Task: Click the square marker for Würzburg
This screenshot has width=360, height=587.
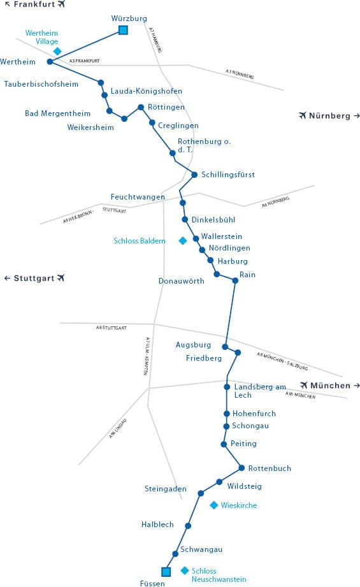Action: [x=123, y=30]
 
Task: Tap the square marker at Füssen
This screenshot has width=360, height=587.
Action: [x=166, y=572]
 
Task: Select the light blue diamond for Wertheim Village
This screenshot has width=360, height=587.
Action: [x=57, y=51]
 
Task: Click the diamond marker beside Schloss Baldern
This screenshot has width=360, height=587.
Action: [x=183, y=241]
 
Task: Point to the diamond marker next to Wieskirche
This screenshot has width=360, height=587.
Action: [x=213, y=505]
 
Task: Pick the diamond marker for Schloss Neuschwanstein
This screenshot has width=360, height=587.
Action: [x=185, y=570]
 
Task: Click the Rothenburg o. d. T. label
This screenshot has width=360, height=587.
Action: [x=204, y=145]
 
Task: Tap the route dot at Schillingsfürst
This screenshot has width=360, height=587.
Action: [x=194, y=175]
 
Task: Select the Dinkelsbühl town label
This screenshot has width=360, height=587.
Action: [x=213, y=220]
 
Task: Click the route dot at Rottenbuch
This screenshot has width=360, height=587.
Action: [x=241, y=468]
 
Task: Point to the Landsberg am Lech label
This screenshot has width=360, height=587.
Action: [x=260, y=391]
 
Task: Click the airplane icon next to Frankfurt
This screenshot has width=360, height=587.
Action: [x=61, y=4]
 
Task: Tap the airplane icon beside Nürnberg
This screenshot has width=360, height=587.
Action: [x=303, y=115]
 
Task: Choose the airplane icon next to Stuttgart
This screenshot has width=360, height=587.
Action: [x=61, y=278]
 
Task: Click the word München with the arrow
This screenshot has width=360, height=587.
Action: [x=331, y=386]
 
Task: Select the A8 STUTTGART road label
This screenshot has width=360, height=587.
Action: [x=111, y=328]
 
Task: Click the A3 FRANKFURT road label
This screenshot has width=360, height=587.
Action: [x=85, y=61]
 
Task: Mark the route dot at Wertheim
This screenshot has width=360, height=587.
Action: [x=50, y=62]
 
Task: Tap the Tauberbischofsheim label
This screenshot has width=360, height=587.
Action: [x=41, y=84]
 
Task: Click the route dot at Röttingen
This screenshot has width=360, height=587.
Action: [x=141, y=107]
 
